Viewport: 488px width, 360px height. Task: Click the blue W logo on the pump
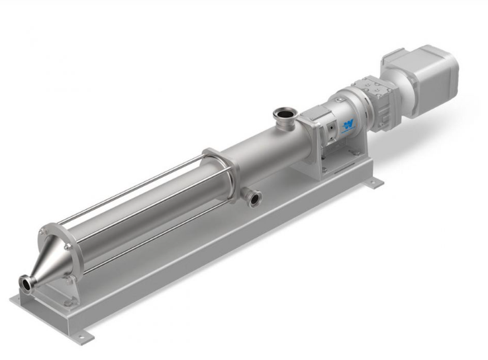click(x=349, y=125)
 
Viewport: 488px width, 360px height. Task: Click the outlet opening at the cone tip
click(x=28, y=283)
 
